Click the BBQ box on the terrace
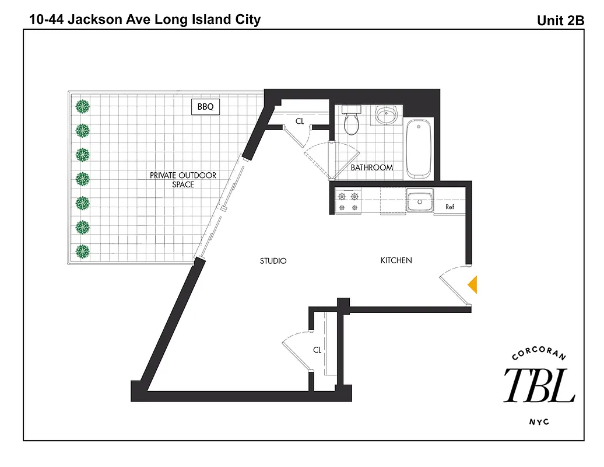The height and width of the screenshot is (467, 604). (x=205, y=107)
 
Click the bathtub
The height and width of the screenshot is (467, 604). (x=419, y=148)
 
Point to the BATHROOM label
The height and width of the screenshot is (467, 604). (x=371, y=168)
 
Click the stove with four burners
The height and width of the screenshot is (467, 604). (x=348, y=201)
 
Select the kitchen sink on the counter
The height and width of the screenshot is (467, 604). (x=419, y=201)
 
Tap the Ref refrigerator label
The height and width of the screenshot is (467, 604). (x=450, y=207)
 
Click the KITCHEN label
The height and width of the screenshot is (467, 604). (x=396, y=260)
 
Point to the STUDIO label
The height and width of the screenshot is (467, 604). (x=273, y=261)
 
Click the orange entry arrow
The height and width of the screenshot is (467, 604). (x=473, y=284)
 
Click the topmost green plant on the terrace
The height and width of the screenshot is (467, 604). (x=83, y=107)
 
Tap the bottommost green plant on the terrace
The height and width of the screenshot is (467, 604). (x=83, y=252)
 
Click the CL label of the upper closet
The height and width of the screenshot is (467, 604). (x=300, y=121)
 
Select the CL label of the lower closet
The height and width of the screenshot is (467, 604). (x=317, y=350)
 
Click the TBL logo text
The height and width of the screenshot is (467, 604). (x=539, y=385)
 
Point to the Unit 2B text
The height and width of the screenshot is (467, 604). (x=560, y=20)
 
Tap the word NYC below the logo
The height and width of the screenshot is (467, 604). (x=539, y=422)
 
